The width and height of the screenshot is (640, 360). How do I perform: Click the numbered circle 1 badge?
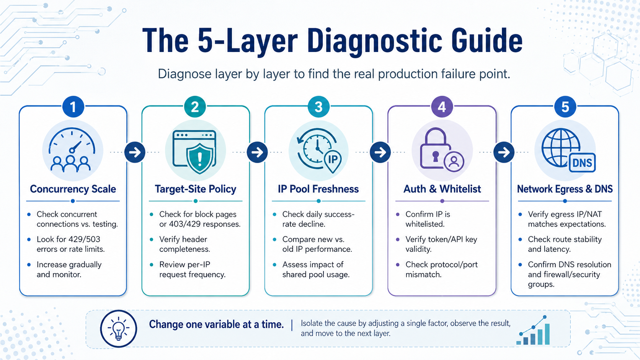pos(73,107)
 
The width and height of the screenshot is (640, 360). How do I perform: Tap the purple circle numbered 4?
pos(442,107)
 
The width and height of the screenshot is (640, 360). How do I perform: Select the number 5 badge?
pos(565,107)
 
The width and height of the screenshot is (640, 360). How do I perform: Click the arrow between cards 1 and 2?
pos(135,152)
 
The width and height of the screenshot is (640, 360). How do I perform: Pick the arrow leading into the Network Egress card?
pos(504,152)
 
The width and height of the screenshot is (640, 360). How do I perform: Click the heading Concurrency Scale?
pos(73,189)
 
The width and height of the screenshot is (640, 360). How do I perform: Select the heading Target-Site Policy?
pos(196,189)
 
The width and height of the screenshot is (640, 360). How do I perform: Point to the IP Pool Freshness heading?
pos(318,189)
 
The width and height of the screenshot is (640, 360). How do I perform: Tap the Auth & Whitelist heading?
pos(442,189)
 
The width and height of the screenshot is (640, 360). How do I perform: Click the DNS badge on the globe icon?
pos(582,163)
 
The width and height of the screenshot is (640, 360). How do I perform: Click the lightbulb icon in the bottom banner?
pos(118,329)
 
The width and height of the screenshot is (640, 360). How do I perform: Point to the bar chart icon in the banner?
pos(533,330)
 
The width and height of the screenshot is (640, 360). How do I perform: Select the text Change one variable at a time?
pos(216,324)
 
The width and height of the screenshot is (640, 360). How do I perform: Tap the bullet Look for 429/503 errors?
pos(70,244)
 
